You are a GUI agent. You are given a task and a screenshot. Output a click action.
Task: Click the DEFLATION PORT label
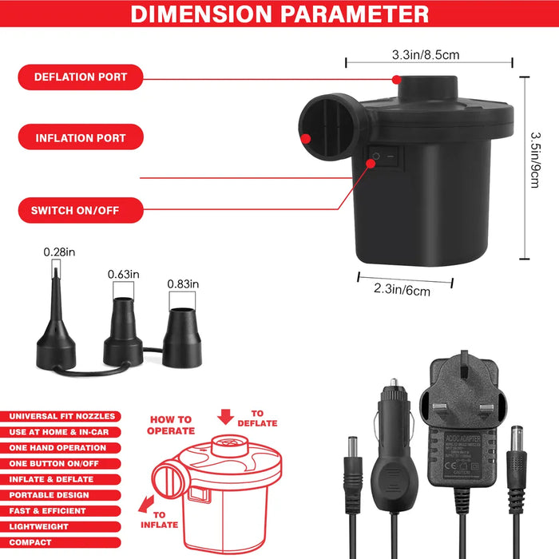(80, 77)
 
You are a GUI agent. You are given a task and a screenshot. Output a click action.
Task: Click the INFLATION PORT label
(80, 138)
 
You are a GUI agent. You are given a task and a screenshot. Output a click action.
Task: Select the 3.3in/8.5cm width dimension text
(425, 55)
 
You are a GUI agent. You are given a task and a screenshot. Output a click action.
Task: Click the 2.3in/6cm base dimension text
(402, 291)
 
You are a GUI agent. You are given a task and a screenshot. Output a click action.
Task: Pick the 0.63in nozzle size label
(124, 275)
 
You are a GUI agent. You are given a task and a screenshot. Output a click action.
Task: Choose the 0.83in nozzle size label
(183, 283)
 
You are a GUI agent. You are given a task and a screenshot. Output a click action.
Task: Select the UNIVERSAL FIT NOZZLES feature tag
(62, 416)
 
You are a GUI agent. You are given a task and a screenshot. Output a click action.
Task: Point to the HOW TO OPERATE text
(170, 425)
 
